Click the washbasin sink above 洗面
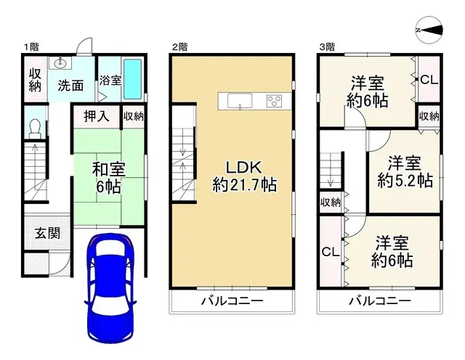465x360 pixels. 57,63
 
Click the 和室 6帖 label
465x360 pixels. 108,177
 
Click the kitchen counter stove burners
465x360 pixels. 274,101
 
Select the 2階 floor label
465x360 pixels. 179,47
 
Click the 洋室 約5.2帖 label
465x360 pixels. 405,171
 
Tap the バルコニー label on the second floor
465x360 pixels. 232,300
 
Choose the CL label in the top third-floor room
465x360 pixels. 429,80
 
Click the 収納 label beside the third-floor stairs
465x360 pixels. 330,202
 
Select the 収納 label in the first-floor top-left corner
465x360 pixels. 35,79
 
